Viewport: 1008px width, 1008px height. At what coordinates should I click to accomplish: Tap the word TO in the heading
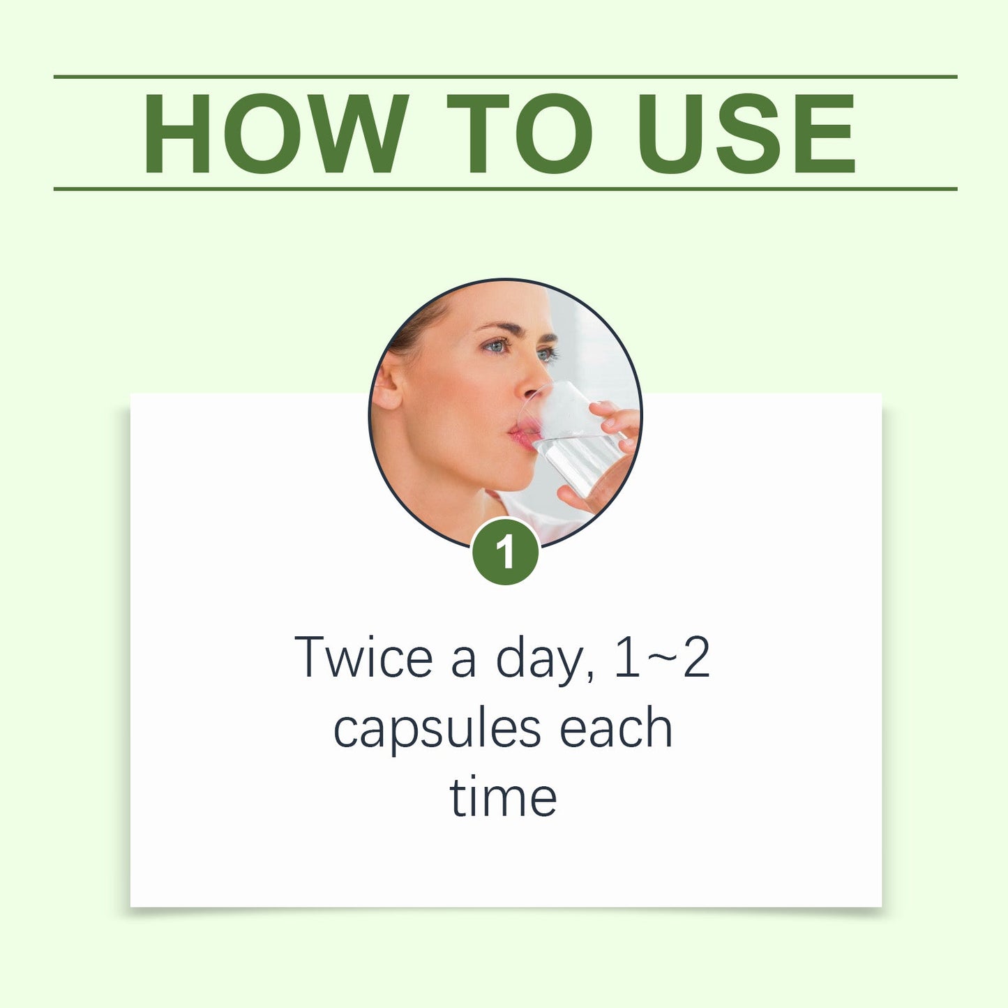520,133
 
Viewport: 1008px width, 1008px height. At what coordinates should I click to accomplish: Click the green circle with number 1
505,552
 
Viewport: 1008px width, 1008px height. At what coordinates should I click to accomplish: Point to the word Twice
363,657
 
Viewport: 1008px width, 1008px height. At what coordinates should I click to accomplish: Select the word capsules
437,729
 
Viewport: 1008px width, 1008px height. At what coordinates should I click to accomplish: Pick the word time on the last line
503,797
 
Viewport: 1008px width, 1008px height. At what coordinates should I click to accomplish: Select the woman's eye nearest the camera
497,346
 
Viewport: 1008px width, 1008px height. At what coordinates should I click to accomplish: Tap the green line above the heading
505,77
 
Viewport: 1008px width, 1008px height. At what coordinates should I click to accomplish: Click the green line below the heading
505,188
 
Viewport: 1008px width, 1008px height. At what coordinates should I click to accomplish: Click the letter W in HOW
359,133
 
